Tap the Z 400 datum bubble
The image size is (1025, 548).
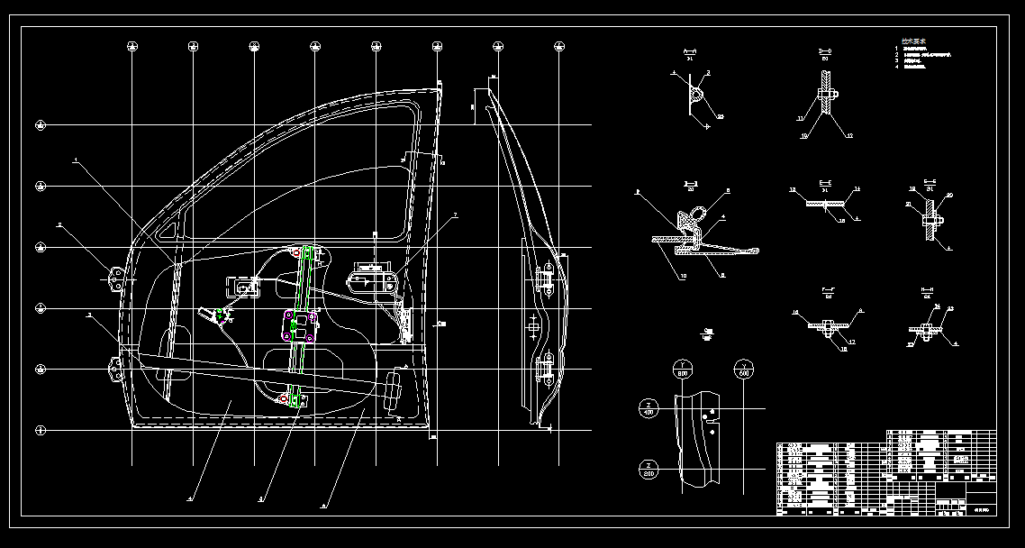point(648,408)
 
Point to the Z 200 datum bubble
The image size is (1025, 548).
point(648,470)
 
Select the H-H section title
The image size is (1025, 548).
point(928,293)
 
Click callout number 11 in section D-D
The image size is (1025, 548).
point(800,117)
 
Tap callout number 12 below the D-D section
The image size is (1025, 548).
point(848,135)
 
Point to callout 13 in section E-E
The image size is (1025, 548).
point(793,189)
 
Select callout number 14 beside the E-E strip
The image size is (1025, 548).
point(857,189)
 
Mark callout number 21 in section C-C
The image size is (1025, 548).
point(908,205)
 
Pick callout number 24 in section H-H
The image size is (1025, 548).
point(937,307)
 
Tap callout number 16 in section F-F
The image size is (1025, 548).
point(794,312)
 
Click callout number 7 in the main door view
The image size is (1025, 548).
point(456,215)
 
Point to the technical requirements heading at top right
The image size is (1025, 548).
point(914,41)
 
